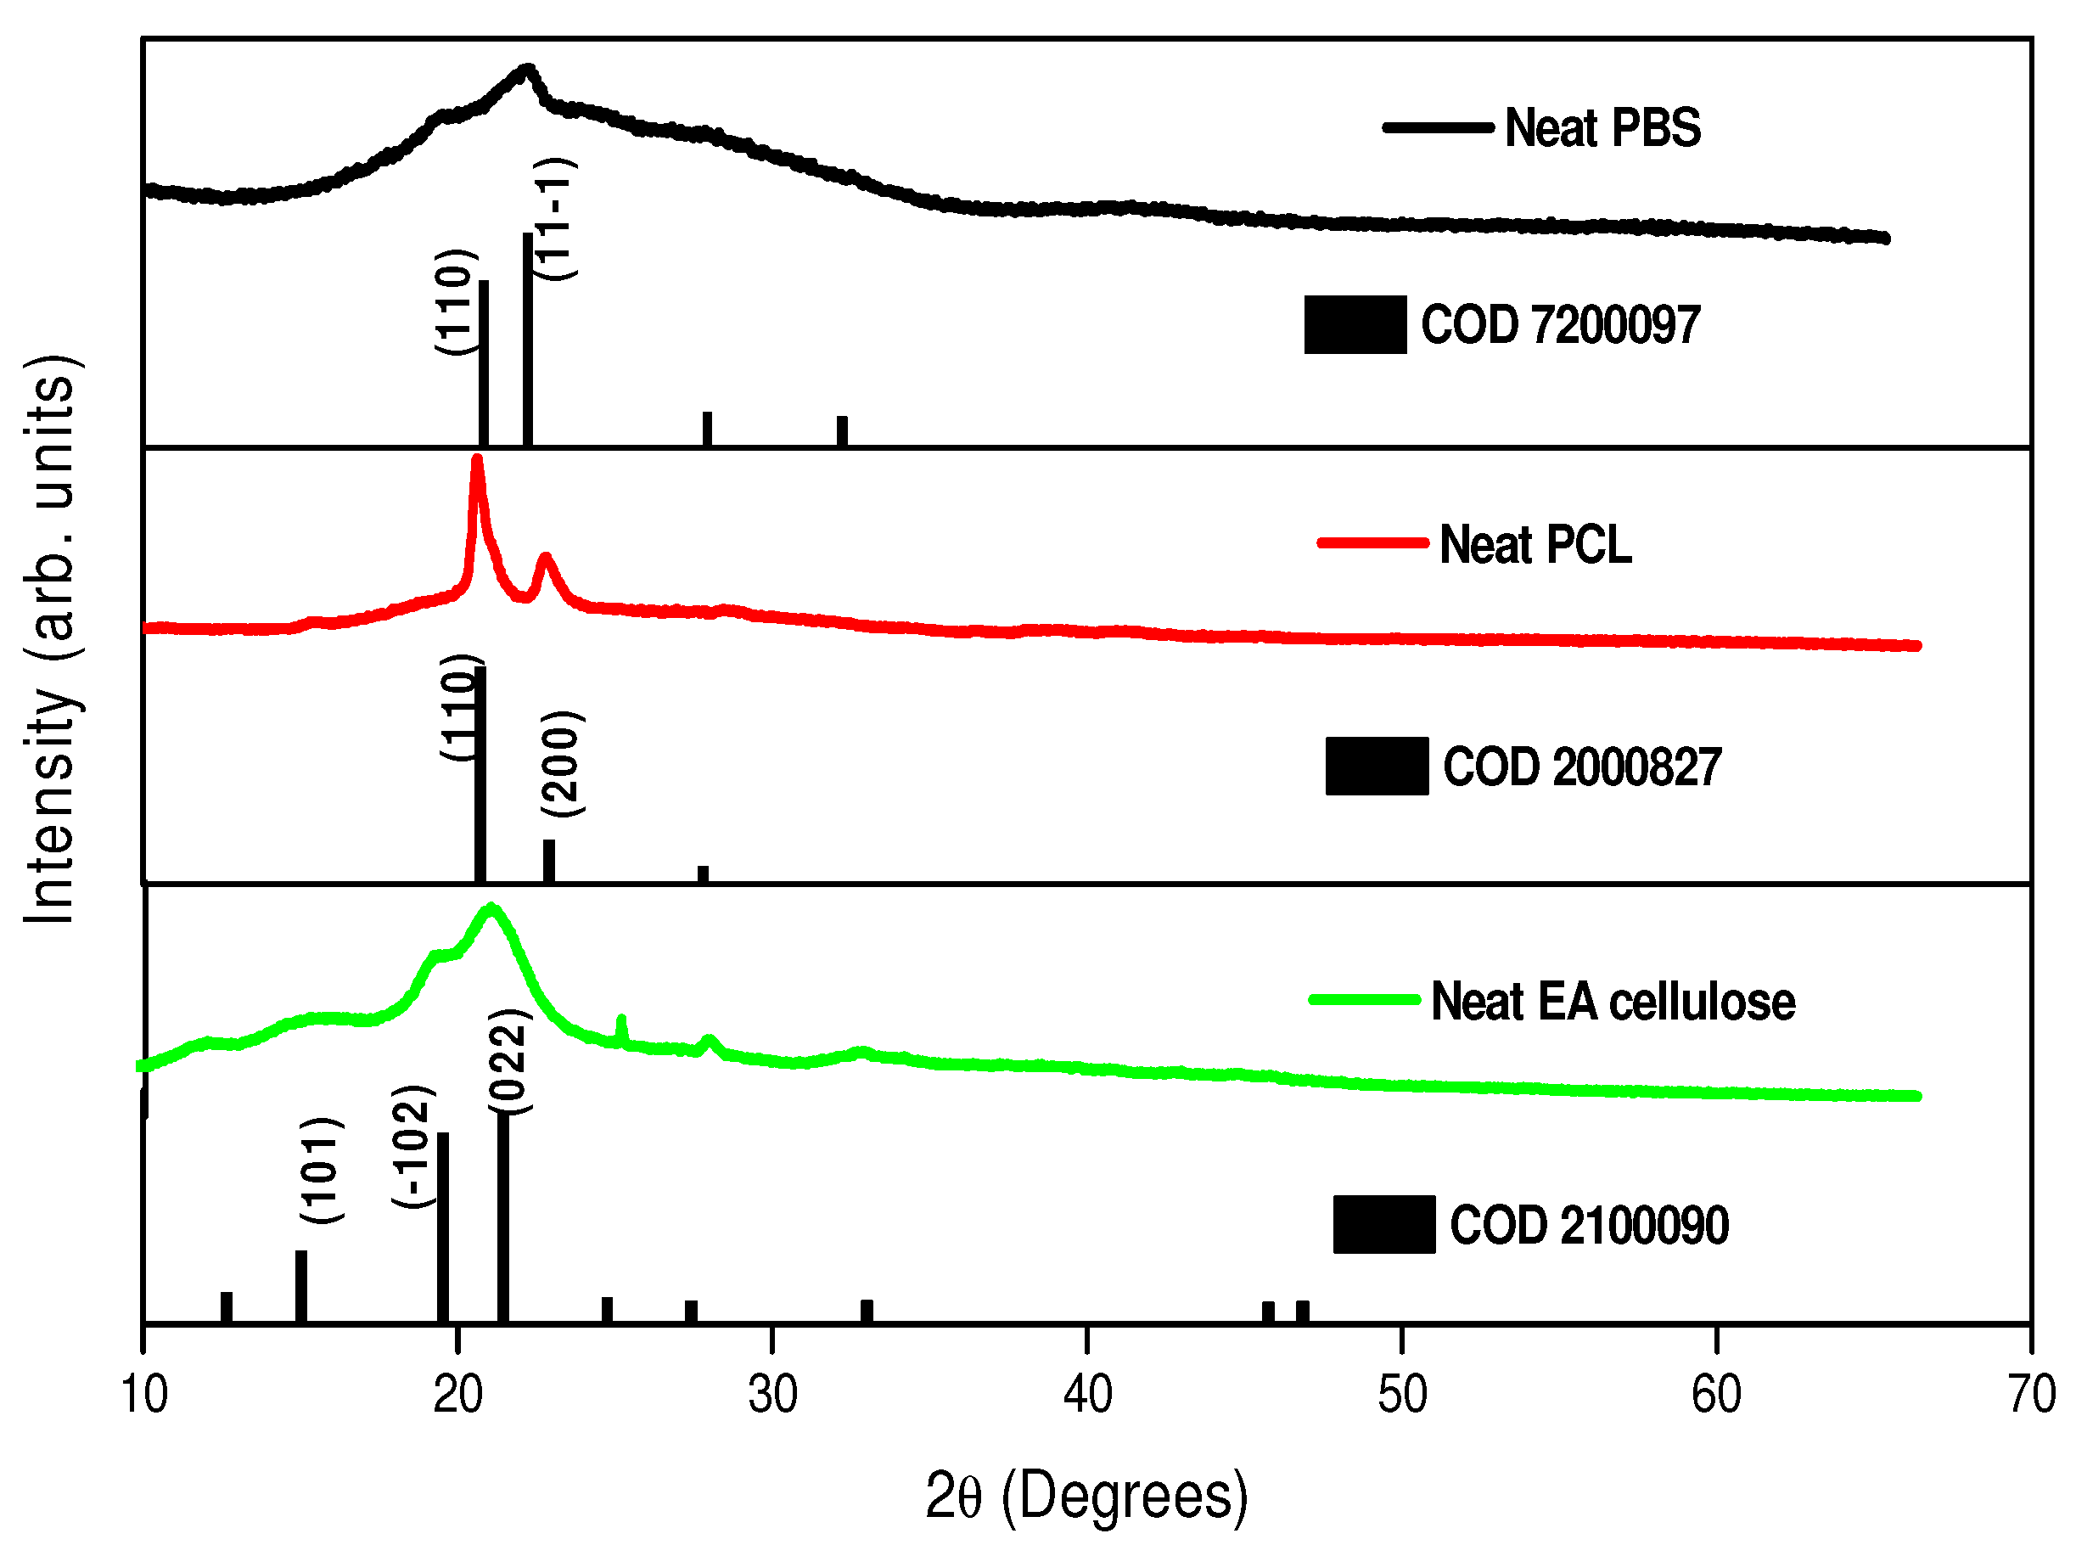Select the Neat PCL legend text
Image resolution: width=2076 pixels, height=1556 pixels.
1535,544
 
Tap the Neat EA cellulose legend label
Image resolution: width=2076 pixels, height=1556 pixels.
1613,1002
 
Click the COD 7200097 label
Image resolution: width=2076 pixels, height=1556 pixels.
1559,325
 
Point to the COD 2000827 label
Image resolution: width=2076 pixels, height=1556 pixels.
1581,767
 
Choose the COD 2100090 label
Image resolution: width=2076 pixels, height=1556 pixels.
1589,1225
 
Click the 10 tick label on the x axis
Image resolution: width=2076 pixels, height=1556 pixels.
143,1394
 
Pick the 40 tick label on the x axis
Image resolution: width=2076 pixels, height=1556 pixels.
1087,1394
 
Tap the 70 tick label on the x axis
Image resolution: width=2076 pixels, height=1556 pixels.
2031,1394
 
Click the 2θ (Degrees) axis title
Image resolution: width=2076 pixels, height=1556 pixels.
1087,1496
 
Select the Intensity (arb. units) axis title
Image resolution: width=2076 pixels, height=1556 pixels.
51,638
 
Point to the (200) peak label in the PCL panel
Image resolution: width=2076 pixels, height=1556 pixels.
562,764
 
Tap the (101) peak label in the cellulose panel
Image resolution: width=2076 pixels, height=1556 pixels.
321,1170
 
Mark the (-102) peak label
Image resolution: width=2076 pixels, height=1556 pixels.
413,1146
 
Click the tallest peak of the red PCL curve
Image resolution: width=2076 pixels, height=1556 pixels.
477,460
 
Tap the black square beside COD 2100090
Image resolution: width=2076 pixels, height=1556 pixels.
1383,1224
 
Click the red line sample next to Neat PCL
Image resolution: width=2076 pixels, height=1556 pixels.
1372,542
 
